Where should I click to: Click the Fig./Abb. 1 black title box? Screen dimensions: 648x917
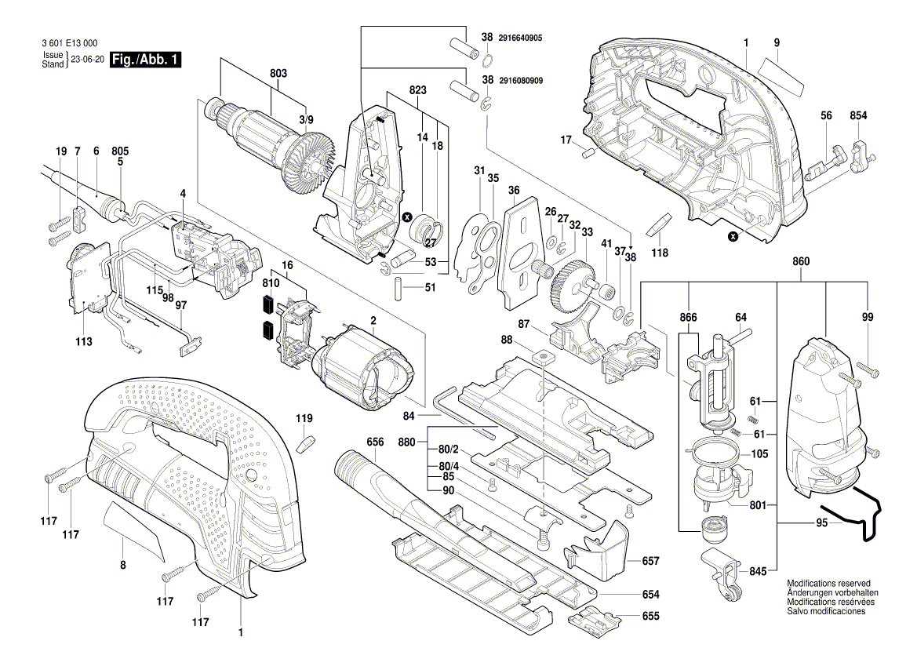pos(146,60)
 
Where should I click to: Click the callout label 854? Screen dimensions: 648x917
pos(858,116)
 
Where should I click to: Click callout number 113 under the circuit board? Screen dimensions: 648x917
pos(84,342)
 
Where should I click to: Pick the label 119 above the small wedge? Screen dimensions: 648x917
pos(304,418)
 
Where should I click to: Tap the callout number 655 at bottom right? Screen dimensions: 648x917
pos(651,617)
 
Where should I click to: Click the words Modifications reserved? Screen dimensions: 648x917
pos(828,584)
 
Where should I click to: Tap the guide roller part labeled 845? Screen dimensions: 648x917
pos(722,576)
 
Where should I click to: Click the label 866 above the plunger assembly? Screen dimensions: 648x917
pos(688,319)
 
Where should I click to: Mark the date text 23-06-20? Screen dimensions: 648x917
pos(87,60)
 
